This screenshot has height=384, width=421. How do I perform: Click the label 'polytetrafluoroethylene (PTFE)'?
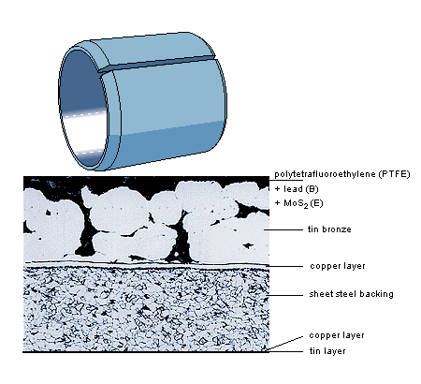(x=342, y=174)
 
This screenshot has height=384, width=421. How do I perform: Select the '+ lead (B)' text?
(x=297, y=189)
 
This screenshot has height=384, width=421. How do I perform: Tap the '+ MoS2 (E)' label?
(x=298, y=203)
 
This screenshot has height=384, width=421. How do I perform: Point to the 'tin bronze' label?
(x=329, y=229)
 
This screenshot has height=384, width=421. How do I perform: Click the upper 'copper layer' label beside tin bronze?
(x=338, y=266)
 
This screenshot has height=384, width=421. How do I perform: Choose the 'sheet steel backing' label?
(x=351, y=294)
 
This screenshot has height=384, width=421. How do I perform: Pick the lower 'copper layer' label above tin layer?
(x=337, y=335)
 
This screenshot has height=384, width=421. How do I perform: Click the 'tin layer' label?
(x=327, y=351)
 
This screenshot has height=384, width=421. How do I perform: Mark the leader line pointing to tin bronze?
(x=283, y=230)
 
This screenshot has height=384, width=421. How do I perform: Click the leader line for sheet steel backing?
(x=285, y=295)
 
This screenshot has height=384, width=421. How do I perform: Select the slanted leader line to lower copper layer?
(x=285, y=343)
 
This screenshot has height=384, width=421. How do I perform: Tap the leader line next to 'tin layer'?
(x=285, y=352)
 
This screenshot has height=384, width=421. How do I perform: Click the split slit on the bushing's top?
(x=156, y=64)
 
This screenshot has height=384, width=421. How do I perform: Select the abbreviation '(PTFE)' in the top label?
(x=395, y=174)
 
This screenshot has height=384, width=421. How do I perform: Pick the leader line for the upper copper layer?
(x=285, y=267)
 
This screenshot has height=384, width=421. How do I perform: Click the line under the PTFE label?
(x=286, y=180)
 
